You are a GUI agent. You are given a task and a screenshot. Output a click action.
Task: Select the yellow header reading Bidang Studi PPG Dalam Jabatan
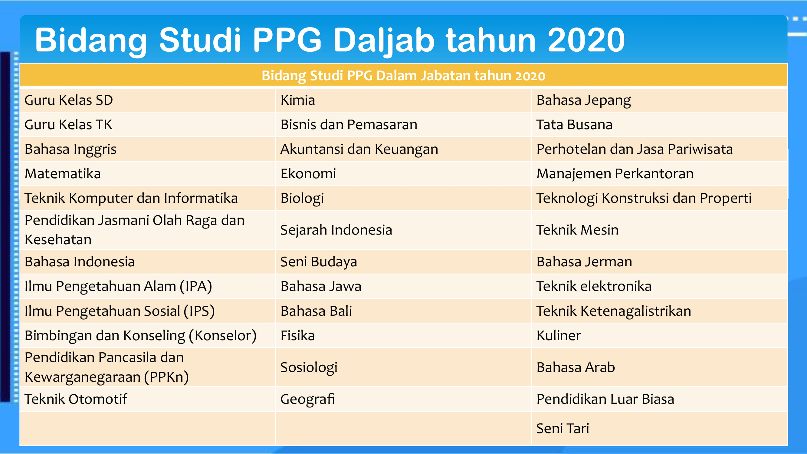tap(404, 75)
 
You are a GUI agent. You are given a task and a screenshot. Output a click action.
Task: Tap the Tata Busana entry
tap(574, 125)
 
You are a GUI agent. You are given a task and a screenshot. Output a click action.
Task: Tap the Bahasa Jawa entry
tap(321, 286)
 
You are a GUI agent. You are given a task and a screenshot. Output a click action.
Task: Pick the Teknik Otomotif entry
tap(76, 399)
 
